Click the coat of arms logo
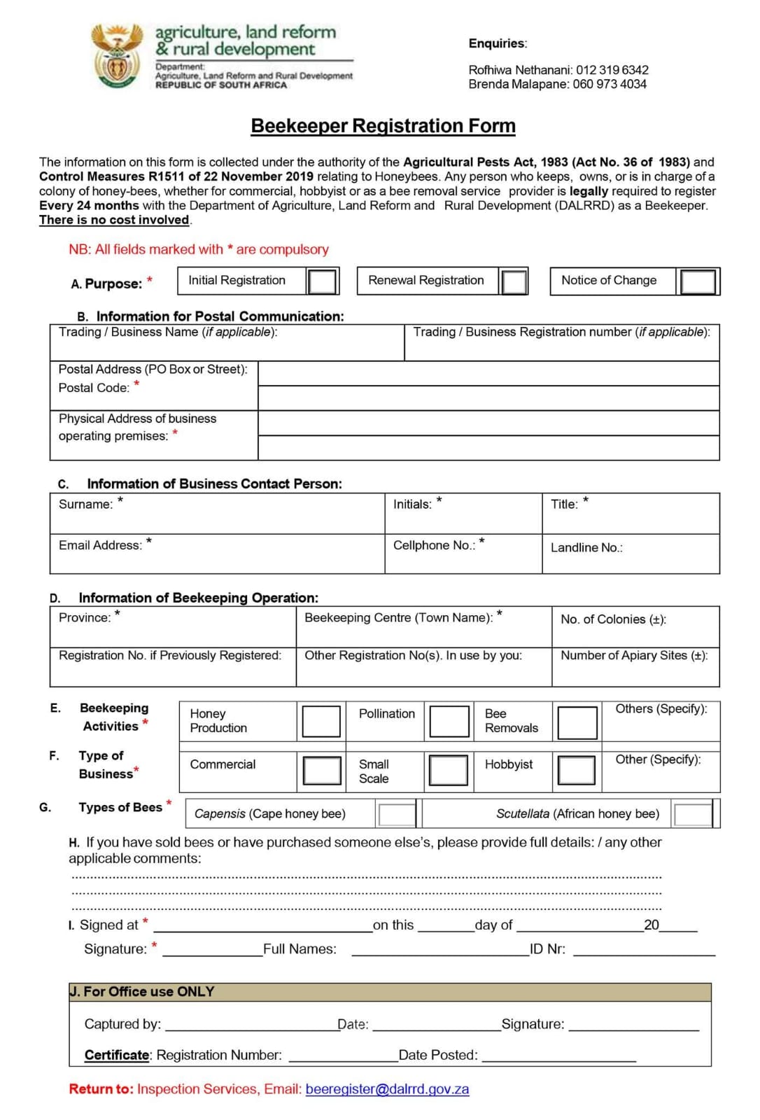(118, 56)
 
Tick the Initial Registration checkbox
(323, 281)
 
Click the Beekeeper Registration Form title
(383, 126)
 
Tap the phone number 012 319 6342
(612, 70)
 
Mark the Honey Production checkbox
(321, 721)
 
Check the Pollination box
(449, 721)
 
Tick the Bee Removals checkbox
(577, 722)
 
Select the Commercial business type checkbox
(322, 771)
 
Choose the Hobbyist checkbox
(577, 771)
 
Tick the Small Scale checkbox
(449, 771)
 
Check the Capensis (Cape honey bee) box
(397, 814)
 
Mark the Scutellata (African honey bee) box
(693, 814)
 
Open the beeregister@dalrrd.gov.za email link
(387, 1089)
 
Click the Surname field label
(85, 504)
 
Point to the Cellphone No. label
(434, 545)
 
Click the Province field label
(85, 617)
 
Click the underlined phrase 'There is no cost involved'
(114, 220)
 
